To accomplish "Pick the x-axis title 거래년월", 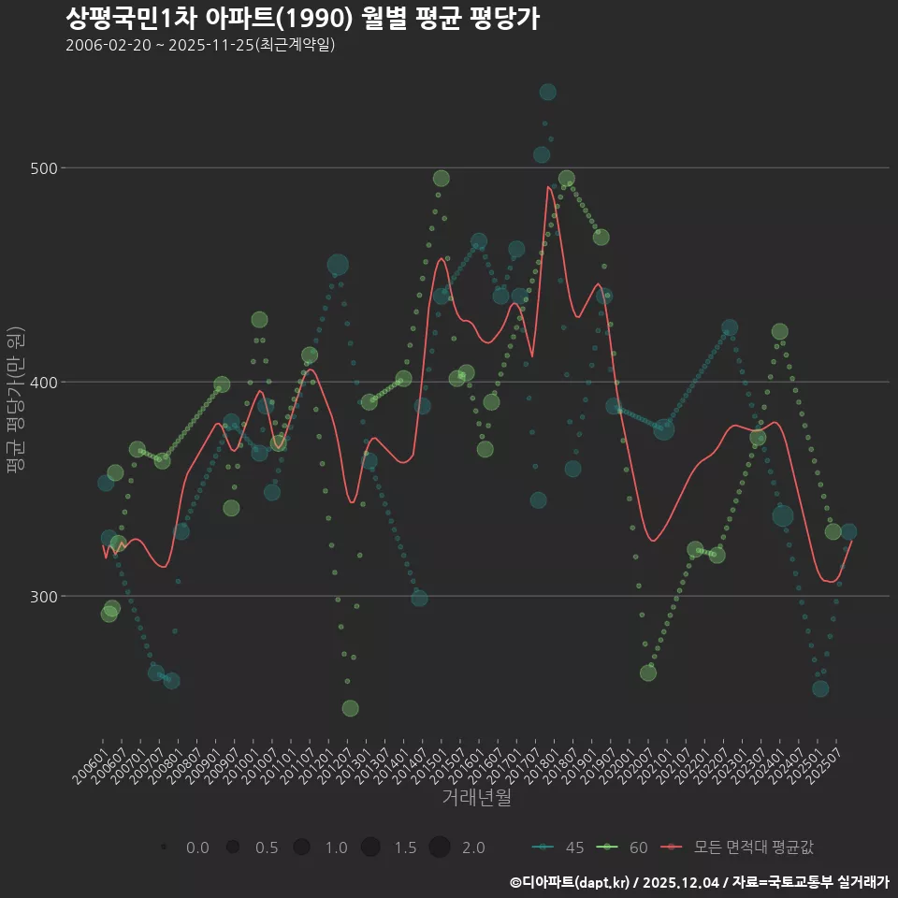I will click(x=476, y=798).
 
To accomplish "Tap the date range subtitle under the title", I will click(x=200, y=45).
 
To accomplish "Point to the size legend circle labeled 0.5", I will click(x=232, y=847).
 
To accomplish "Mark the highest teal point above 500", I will click(x=547, y=92).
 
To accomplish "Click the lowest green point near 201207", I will click(x=350, y=708).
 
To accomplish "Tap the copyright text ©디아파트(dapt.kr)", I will click(x=571, y=882).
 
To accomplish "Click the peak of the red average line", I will click(x=548, y=187).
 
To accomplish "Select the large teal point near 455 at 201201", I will click(x=338, y=265).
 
